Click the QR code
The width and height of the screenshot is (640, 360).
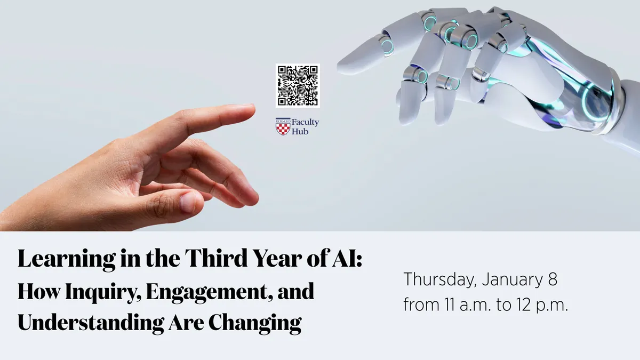pos(298,85)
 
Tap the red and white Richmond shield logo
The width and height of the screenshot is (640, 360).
pos(283,126)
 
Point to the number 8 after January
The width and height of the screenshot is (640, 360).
pos(553,279)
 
